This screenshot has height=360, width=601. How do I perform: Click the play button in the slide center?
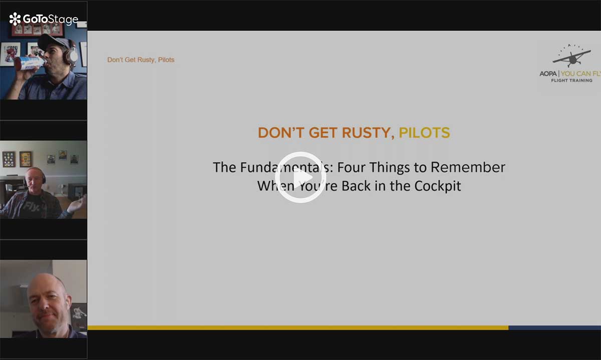(300, 177)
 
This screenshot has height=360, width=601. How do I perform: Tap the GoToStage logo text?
(51, 20)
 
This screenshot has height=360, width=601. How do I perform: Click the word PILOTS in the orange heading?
(424, 133)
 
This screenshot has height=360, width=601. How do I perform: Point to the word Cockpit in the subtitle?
(438, 186)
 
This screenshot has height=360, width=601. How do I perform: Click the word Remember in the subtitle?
(468, 167)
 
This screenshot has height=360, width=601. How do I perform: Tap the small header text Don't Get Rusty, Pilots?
(141, 60)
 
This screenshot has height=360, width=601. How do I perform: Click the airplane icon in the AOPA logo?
(572, 57)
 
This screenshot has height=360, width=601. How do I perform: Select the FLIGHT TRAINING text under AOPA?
(571, 81)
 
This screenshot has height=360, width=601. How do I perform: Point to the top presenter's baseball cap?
(52, 42)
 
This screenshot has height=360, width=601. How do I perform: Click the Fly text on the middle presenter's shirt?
(32, 207)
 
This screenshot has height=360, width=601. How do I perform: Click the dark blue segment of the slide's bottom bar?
(554, 328)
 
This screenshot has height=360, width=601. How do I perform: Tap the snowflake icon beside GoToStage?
(15, 19)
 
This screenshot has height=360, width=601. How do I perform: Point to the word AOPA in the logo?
(548, 74)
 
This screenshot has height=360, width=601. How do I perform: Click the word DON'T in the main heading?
(281, 133)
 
